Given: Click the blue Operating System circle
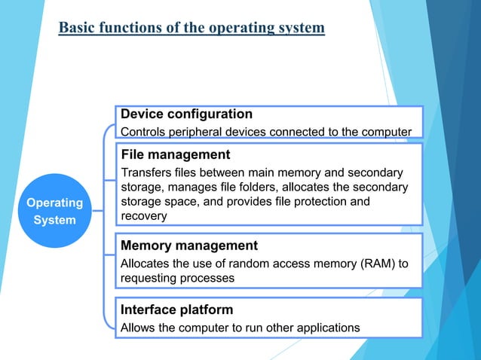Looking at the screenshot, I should (x=55, y=211).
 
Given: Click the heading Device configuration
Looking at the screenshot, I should (x=187, y=114).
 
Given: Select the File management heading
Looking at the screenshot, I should (x=176, y=154).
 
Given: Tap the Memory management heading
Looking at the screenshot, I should (x=189, y=246).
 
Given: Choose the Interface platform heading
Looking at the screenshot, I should (x=177, y=310).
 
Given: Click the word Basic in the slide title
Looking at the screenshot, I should (x=74, y=28).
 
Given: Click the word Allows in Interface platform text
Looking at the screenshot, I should (x=138, y=328).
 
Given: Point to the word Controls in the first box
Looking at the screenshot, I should (x=146, y=133).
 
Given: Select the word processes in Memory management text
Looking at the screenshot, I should (x=207, y=278).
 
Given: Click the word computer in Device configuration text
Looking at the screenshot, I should (x=384, y=133).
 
